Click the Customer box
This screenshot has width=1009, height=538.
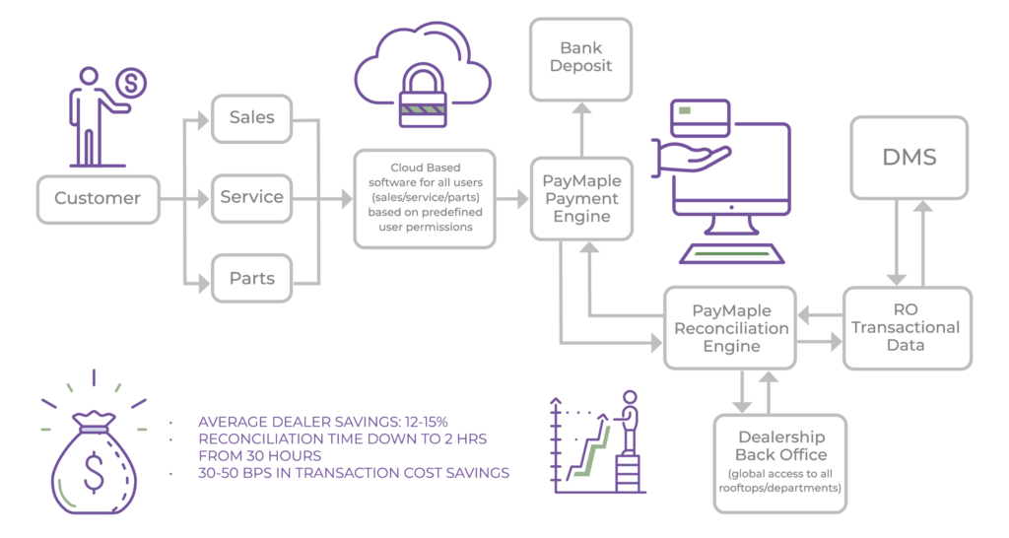[x=98, y=197]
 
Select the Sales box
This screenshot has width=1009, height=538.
[x=252, y=118]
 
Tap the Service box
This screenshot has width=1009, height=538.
[x=252, y=197]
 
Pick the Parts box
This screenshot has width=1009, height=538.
[x=252, y=277]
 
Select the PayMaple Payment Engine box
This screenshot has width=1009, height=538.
[x=581, y=198]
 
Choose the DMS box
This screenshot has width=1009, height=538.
[x=908, y=155]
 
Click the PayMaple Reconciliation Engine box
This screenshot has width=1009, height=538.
[x=730, y=327]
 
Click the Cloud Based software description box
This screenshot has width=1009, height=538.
[x=426, y=197]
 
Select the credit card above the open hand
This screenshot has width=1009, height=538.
[x=698, y=123]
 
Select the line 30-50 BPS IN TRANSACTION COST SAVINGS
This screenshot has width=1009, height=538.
[x=354, y=473]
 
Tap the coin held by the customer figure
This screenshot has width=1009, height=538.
[x=132, y=84]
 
